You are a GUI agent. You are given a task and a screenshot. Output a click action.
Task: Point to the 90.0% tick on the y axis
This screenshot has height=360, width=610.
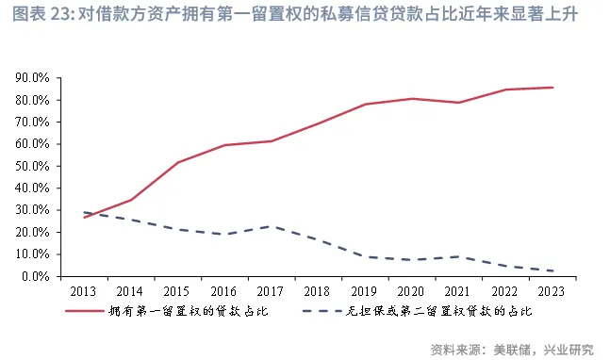click(x=35, y=78)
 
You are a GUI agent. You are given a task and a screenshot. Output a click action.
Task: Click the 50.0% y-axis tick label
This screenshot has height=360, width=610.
click(x=35, y=166)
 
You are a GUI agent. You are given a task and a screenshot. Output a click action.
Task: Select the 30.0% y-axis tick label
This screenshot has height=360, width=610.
click(x=35, y=210)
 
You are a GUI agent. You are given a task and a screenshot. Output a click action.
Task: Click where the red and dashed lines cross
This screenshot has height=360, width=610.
click(x=95, y=215)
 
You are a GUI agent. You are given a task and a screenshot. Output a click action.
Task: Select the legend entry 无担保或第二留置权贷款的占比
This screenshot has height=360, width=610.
click(x=443, y=311)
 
